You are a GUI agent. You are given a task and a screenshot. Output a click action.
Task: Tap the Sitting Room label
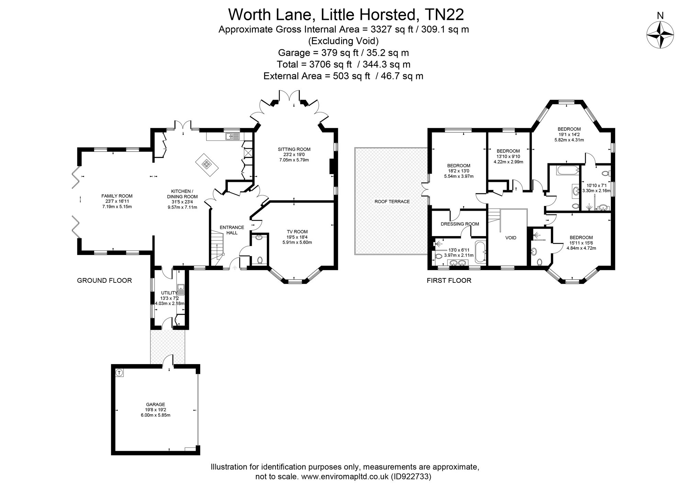[x=294, y=149]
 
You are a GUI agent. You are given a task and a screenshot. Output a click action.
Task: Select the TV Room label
[x=297, y=232]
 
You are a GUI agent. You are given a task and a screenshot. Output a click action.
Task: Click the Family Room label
[x=117, y=196]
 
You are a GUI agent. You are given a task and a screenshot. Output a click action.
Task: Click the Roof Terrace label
[x=392, y=201]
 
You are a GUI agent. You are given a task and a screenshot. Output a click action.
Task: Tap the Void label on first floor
[x=511, y=238]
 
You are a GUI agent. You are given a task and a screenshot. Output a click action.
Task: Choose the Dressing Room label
[x=460, y=224]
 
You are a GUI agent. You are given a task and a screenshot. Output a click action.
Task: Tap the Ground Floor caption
[x=104, y=280]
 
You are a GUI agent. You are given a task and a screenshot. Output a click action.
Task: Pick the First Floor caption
[x=449, y=280]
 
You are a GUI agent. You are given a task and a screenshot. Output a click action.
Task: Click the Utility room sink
[x=181, y=290]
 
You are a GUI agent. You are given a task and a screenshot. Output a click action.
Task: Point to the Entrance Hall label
[x=232, y=230]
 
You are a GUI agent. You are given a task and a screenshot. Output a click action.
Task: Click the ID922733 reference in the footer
[x=410, y=476]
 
